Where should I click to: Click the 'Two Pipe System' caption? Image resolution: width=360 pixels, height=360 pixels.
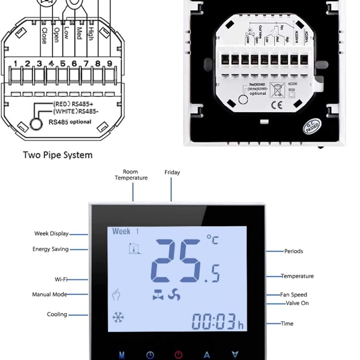click(58, 155)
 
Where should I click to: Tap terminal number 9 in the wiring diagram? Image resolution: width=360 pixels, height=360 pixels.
click(110, 63)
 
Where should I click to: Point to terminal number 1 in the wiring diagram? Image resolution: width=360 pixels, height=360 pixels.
click(16, 63)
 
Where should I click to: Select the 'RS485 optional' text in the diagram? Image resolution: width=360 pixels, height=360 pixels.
click(72, 122)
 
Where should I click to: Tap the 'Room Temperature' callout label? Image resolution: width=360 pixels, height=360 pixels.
click(131, 175)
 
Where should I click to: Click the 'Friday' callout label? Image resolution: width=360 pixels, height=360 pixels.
click(172, 172)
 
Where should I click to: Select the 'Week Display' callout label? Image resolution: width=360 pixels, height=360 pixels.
click(51, 233)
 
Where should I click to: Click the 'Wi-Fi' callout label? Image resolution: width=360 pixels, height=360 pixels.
click(61, 279)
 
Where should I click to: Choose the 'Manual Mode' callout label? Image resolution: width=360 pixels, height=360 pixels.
click(49, 295)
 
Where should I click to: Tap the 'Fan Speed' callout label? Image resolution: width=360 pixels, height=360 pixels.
click(294, 295)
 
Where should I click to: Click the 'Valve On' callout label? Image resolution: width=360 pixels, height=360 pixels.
click(298, 303)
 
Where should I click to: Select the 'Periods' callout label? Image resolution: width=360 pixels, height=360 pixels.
click(294, 251)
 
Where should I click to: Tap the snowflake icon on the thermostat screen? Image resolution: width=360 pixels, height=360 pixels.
click(118, 318)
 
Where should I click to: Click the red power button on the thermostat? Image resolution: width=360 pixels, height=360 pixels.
click(178, 355)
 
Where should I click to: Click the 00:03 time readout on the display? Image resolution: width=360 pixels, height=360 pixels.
click(215, 322)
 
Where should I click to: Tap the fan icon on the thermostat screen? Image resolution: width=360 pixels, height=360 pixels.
click(174, 294)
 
